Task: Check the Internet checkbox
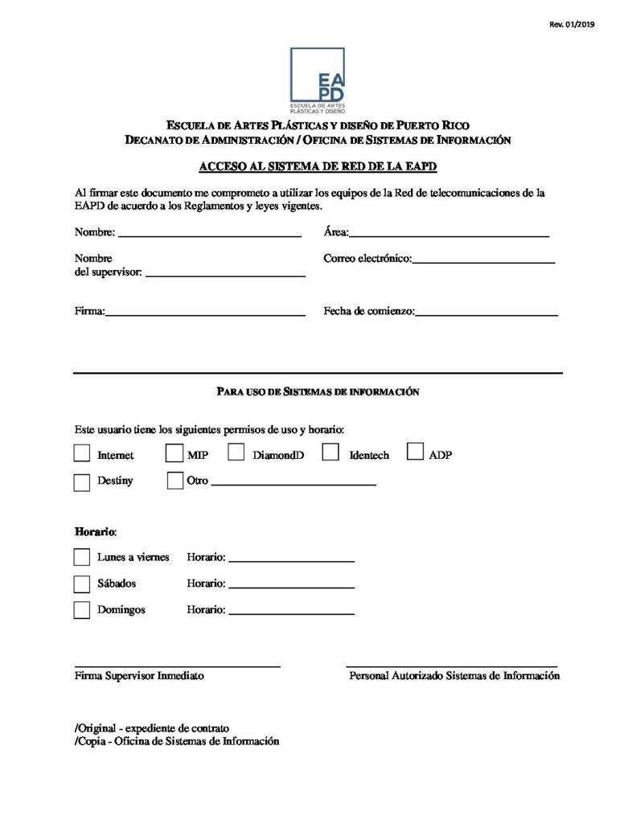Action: point(82,454)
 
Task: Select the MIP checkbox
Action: point(174,454)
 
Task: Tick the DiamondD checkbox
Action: point(236,453)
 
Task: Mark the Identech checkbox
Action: point(330,453)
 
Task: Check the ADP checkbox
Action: point(416,452)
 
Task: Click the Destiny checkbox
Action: point(82,482)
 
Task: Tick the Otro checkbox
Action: point(174,481)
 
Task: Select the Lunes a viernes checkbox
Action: point(82,557)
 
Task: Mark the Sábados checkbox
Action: point(82,583)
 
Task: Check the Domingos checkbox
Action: point(82,610)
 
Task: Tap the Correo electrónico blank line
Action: point(483,260)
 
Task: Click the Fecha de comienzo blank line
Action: point(486,313)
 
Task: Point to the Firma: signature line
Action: point(205,313)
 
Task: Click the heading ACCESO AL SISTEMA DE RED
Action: point(318,167)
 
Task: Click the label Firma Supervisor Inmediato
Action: point(139,676)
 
